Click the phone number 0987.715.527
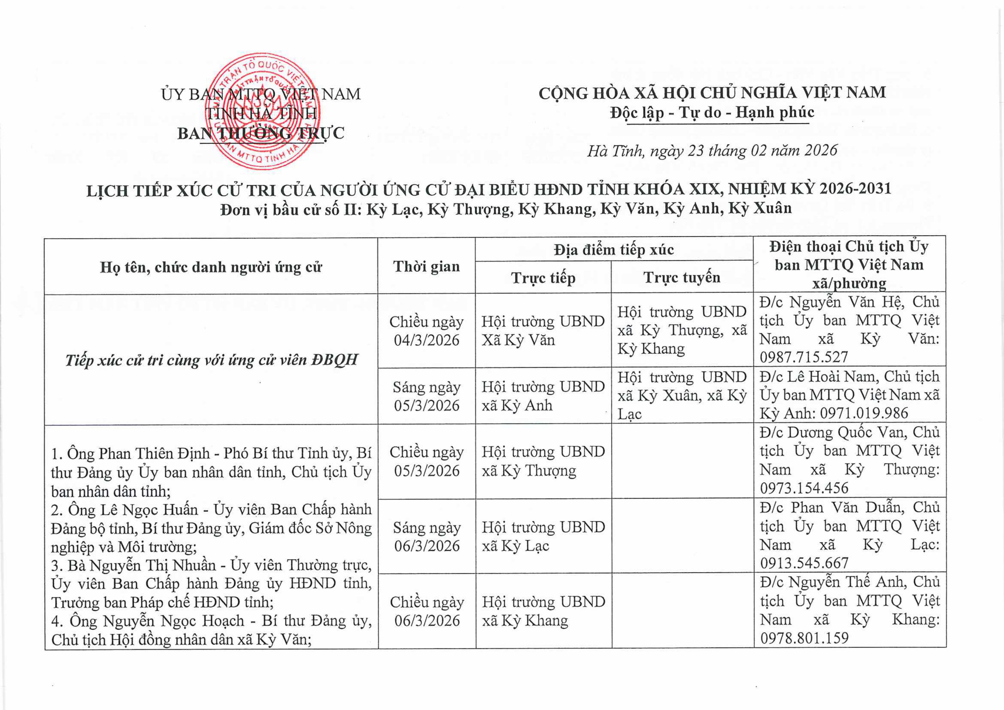pos(804,357)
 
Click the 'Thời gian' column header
pos(426,266)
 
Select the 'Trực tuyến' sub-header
pos(682,277)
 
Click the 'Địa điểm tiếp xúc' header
pos(613,250)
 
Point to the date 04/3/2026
pos(426,341)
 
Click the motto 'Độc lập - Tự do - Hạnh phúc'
pos(712,112)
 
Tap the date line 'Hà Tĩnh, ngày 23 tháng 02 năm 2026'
pos(712,150)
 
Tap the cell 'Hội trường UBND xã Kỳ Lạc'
pos(543,536)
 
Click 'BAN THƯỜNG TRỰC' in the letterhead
pos(261,133)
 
